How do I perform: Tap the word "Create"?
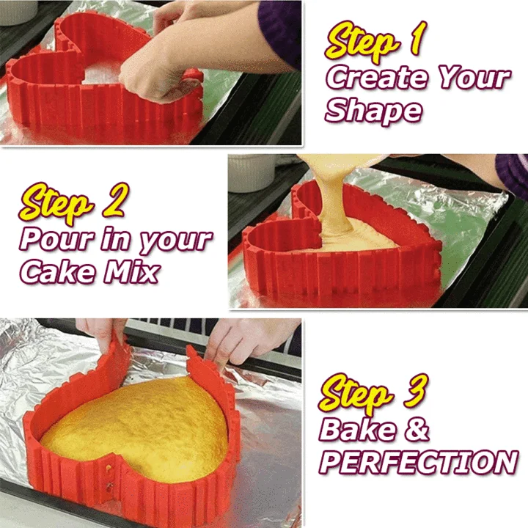pos(373,77)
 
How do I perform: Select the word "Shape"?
pos(373,110)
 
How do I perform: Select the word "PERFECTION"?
pos(418,463)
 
